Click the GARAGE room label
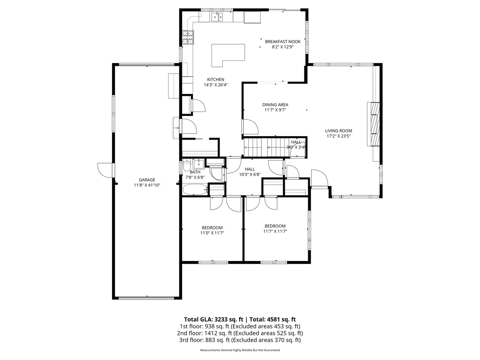click(147, 180)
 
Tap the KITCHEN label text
click(215, 80)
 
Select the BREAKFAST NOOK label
click(283, 41)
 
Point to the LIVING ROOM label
click(338, 131)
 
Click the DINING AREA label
click(275, 105)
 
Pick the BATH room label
click(195, 172)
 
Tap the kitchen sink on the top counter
click(217, 16)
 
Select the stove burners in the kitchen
click(188, 37)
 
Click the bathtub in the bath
click(195, 189)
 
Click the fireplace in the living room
click(373, 124)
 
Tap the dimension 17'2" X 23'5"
click(338, 136)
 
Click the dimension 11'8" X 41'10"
click(147, 185)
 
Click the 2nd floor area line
click(240, 333)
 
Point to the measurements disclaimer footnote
click(240, 350)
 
